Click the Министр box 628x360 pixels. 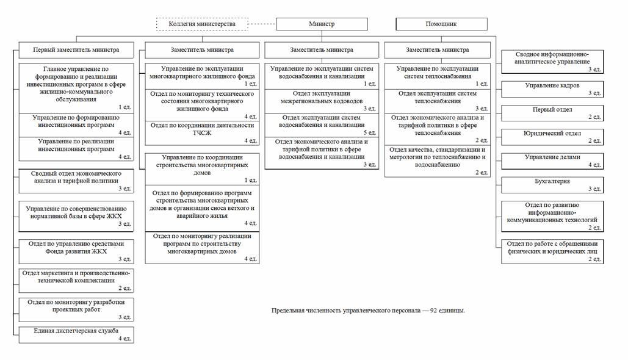click(322, 24)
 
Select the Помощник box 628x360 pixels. click(441, 24)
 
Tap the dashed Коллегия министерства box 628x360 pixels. click(202, 24)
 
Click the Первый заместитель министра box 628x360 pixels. click(76, 49)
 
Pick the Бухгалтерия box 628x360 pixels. click(552, 184)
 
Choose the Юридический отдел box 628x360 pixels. click(552, 136)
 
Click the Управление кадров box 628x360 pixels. click(552, 88)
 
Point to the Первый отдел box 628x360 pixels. click(552, 112)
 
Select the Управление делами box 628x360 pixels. click(552, 160)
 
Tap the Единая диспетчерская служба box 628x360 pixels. click(76, 334)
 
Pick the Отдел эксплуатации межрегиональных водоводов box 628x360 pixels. click(322, 100)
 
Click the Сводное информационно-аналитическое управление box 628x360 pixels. click(552, 62)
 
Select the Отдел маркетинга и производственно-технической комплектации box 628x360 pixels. click(76, 280)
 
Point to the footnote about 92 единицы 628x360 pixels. click(368, 311)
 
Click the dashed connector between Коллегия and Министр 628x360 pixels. click(262, 24)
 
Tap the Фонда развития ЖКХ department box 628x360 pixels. click(76, 251)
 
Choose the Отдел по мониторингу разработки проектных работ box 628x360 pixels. click(76, 309)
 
